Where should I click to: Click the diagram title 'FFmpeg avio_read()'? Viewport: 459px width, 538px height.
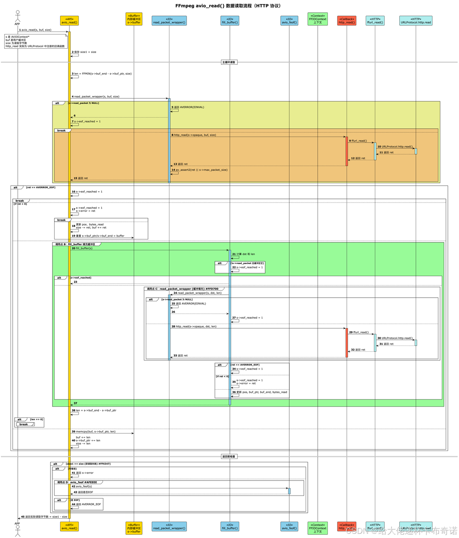pos(229,6)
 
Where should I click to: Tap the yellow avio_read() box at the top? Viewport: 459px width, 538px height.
pos(69,21)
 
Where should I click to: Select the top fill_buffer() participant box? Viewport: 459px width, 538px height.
pos(229,21)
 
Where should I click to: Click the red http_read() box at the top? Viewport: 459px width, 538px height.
pos(347,21)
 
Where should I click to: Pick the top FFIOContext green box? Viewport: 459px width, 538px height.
pos(317,19)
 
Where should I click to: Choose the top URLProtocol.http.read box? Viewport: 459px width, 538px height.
pos(416,21)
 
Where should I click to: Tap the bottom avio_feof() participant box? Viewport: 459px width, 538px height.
pos(289,526)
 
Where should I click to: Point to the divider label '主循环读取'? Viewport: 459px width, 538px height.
pos(229,62)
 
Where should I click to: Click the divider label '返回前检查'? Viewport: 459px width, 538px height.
pos(229,456)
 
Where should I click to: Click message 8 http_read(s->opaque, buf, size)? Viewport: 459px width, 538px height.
pos(195,135)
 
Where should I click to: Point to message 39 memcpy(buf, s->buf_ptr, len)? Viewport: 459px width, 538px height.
pos(95,431)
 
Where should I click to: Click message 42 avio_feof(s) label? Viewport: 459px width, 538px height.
pos(84,486)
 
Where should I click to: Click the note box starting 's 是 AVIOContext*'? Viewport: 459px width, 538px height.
pos(35,42)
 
